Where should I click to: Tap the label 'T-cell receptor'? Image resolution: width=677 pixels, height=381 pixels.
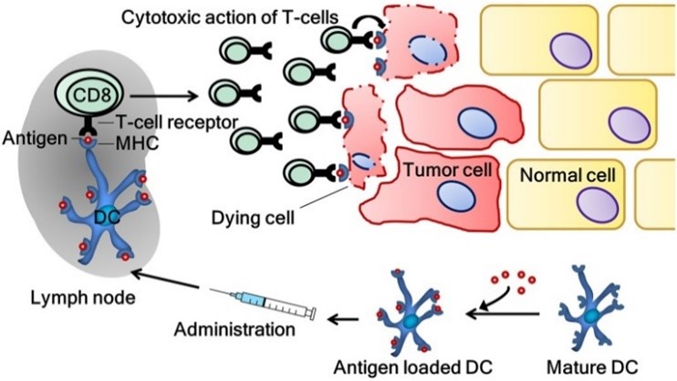[x=177, y=122]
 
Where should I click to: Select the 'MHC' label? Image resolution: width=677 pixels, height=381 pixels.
[x=137, y=143]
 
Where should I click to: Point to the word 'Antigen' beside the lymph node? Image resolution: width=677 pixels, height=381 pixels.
[x=35, y=139]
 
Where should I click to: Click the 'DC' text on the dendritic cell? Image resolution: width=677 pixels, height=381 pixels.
[x=107, y=218]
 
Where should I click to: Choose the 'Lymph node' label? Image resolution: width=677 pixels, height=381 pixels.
[x=83, y=297]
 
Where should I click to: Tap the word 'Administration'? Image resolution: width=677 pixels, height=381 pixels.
[x=234, y=329]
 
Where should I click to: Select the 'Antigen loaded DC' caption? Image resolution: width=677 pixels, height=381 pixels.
[x=413, y=367]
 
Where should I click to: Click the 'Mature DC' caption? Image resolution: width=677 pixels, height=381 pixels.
[x=592, y=367]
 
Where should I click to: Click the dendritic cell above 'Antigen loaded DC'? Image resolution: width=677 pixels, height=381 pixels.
[x=410, y=311]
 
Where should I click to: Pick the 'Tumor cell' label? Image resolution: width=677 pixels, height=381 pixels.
[x=448, y=170]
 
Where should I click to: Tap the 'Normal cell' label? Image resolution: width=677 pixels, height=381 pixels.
[x=568, y=175]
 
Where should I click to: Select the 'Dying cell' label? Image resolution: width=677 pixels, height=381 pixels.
[x=253, y=218]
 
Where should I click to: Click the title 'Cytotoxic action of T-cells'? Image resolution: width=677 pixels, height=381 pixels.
[x=230, y=17]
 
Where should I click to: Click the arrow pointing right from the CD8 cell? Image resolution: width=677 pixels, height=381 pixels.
[x=163, y=96]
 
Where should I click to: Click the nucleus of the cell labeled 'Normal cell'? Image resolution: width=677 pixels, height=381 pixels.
[x=598, y=205]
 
